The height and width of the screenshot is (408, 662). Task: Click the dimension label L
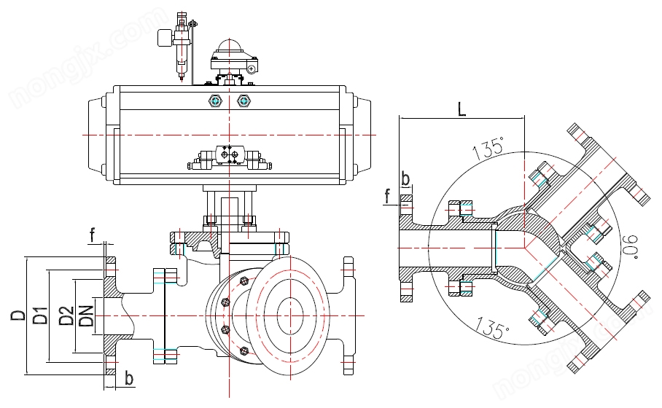(x=462, y=109)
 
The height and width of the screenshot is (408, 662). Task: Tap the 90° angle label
(x=631, y=247)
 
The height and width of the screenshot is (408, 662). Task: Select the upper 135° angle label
(x=488, y=148)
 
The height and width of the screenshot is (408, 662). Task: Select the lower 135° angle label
(x=493, y=327)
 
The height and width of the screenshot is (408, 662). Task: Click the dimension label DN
(x=86, y=315)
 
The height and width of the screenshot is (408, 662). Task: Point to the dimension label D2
(x=66, y=315)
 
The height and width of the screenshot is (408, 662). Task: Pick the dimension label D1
(x=41, y=315)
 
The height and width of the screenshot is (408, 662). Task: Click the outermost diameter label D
(x=17, y=315)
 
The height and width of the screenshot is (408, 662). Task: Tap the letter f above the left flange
(x=92, y=235)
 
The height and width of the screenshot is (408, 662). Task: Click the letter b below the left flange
(x=129, y=378)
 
